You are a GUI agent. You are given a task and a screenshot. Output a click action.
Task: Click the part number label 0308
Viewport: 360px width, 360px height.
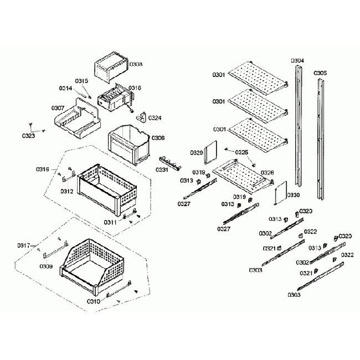point(136,64)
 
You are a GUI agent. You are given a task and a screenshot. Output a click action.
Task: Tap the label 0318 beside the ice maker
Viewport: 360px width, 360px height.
point(135,88)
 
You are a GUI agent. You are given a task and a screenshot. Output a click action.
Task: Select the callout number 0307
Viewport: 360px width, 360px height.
point(58,108)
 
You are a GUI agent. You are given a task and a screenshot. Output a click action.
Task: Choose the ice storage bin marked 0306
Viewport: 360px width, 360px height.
point(129,143)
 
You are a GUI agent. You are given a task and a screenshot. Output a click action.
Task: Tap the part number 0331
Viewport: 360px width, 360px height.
point(162,171)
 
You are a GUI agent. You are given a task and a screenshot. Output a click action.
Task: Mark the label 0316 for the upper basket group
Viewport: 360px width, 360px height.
point(43,169)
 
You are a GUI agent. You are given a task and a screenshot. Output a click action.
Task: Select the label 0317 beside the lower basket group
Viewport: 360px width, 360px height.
point(23,245)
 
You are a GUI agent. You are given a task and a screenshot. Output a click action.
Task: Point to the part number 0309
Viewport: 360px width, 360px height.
point(46,266)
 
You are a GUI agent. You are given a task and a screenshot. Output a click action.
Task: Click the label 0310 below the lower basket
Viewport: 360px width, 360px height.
point(93,302)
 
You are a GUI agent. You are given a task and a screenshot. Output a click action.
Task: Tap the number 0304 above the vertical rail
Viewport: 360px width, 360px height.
point(297,60)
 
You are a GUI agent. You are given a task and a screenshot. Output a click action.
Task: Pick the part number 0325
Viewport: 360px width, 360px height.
point(241,152)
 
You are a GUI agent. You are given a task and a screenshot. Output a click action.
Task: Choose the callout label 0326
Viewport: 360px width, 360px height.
point(267,173)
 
